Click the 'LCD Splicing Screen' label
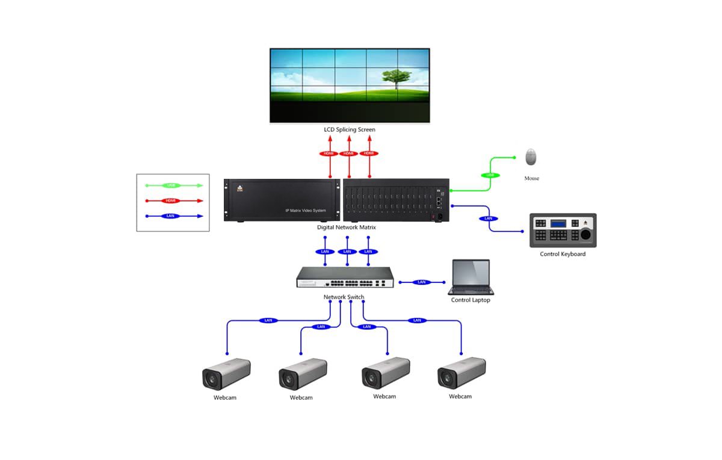[x=350, y=130]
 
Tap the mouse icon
[x=531, y=157]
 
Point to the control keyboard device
[x=563, y=230]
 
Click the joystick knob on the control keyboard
[x=585, y=235]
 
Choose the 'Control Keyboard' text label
[x=563, y=254]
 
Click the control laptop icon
[x=471, y=277]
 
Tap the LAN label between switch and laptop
[x=421, y=282]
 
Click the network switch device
[x=345, y=278]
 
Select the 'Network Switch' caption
[x=344, y=297]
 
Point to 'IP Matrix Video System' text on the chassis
[x=306, y=211]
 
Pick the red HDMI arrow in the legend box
[x=172, y=201]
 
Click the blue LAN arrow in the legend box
[x=172, y=216]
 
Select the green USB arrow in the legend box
[x=172, y=185]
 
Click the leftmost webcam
[x=226, y=374]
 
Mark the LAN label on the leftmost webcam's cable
[x=268, y=320]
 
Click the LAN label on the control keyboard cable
[x=488, y=218]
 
